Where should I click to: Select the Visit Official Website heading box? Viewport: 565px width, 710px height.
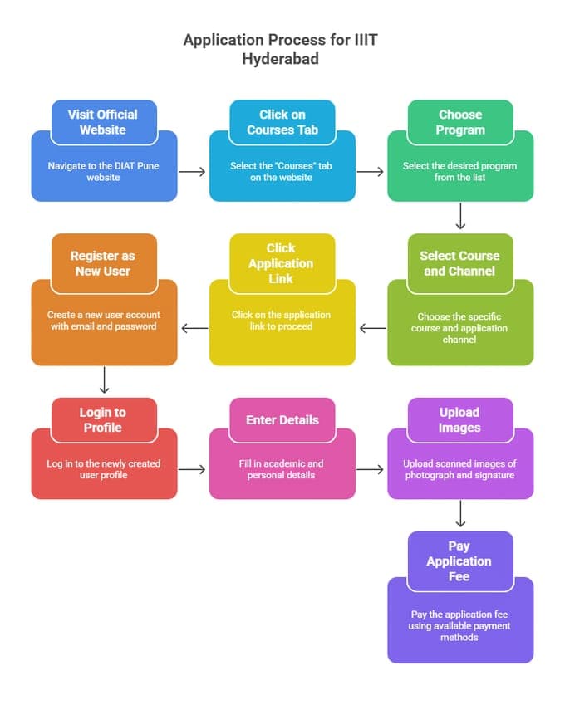pyautogui.click(x=103, y=122)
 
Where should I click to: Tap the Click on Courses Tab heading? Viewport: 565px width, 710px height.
pyautogui.click(x=282, y=122)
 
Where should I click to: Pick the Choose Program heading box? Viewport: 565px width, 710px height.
pyautogui.click(x=460, y=122)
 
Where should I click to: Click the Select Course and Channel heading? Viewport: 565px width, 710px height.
pyautogui.click(x=459, y=263)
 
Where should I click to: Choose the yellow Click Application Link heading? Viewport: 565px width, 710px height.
pyautogui.click(x=281, y=263)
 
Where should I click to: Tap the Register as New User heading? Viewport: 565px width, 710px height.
pyautogui.click(x=103, y=263)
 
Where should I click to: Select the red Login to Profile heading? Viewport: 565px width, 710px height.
pyautogui.click(x=103, y=419)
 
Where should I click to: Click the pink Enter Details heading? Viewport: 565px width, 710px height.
pyautogui.click(x=282, y=419)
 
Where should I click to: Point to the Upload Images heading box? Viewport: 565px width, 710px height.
pyautogui.click(x=459, y=419)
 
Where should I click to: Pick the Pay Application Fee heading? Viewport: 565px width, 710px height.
pyautogui.click(x=459, y=561)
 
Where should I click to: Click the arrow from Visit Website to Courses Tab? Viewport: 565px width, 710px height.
pyautogui.click(x=192, y=172)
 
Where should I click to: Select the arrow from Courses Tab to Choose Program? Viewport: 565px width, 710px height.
pyautogui.click(x=371, y=172)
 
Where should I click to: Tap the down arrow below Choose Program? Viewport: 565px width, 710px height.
pyautogui.click(x=460, y=218)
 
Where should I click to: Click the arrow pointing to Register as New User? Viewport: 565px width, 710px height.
pyautogui.click(x=194, y=328)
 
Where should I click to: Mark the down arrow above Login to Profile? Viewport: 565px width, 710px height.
pyautogui.click(x=104, y=380)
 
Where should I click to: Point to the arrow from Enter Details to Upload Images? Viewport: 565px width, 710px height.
pyautogui.click(x=371, y=469)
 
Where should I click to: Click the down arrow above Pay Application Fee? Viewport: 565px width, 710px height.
pyautogui.click(x=460, y=515)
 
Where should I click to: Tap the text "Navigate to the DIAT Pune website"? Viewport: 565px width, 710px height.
pyautogui.click(x=103, y=172)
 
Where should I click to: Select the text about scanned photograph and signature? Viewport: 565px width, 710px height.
pyautogui.click(x=459, y=469)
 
